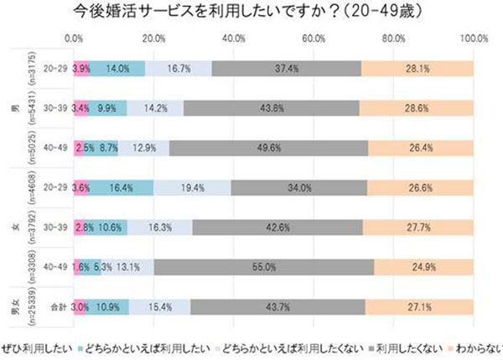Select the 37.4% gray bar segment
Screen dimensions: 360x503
[x=287, y=69]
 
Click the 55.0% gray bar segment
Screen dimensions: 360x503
[x=264, y=268]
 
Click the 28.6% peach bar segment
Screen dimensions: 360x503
[x=417, y=108]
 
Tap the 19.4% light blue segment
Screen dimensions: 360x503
[x=192, y=188]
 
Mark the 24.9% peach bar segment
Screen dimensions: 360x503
[x=423, y=268]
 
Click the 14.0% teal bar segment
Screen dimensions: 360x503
[x=117, y=69]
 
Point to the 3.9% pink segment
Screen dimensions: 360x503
[x=81, y=69]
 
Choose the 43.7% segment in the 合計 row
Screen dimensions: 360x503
[x=278, y=307]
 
